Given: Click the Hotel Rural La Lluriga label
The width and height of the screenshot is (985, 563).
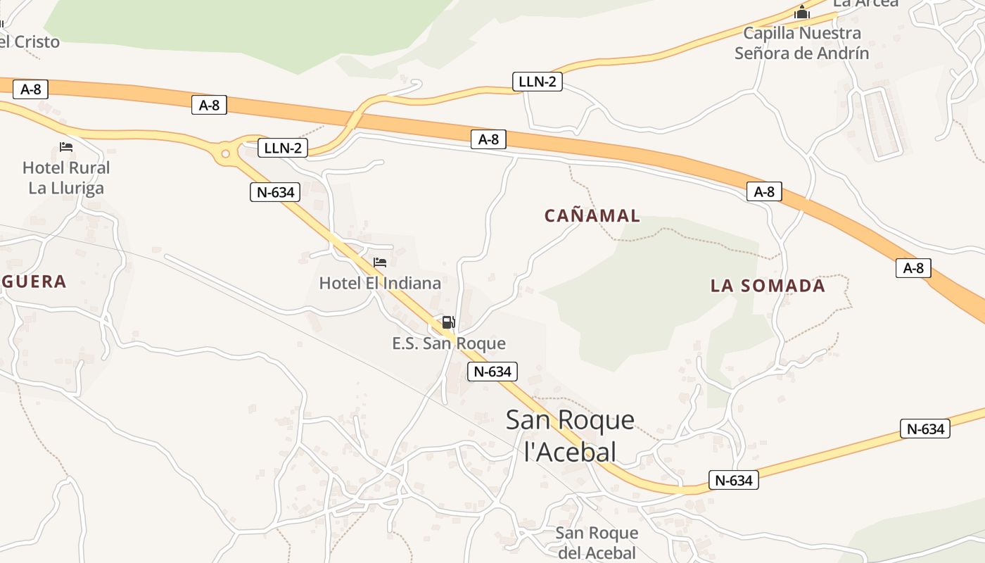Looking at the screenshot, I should click(66, 178).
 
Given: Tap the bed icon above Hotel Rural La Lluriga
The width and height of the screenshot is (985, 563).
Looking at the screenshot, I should click(66, 147).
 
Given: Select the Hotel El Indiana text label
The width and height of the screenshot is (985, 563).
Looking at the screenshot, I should click(380, 283).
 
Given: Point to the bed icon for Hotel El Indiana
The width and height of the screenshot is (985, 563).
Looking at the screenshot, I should click(380, 262).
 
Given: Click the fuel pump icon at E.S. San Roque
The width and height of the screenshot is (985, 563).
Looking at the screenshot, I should click(448, 323).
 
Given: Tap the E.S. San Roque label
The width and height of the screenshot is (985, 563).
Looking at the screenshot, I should click(449, 343).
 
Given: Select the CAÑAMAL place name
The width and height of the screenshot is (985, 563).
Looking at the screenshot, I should click(592, 216).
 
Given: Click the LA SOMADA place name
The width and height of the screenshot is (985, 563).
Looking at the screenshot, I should click(768, 286).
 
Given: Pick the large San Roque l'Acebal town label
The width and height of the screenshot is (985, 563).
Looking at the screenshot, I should click(570, 436).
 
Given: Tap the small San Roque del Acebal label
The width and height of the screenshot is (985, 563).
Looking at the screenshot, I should click(597, 543).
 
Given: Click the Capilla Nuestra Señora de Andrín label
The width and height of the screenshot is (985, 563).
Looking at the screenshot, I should click(802, 43).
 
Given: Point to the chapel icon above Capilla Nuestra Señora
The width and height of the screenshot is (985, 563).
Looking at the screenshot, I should click(801, 13).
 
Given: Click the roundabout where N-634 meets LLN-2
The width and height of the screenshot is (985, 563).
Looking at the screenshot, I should click(225, 153).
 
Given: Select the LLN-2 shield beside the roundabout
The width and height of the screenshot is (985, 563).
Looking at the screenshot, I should click(283, 148).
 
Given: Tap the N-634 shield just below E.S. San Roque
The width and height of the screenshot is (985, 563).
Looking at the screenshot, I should click(493, 372).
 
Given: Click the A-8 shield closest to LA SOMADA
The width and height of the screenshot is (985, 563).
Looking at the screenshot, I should click(764, 191).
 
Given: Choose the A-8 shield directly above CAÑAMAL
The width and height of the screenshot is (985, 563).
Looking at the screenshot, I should click(488, 139).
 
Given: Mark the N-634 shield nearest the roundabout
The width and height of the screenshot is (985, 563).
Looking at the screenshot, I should click(275, 191).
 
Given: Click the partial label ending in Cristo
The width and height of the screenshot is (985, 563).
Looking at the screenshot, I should click(30, 42).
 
